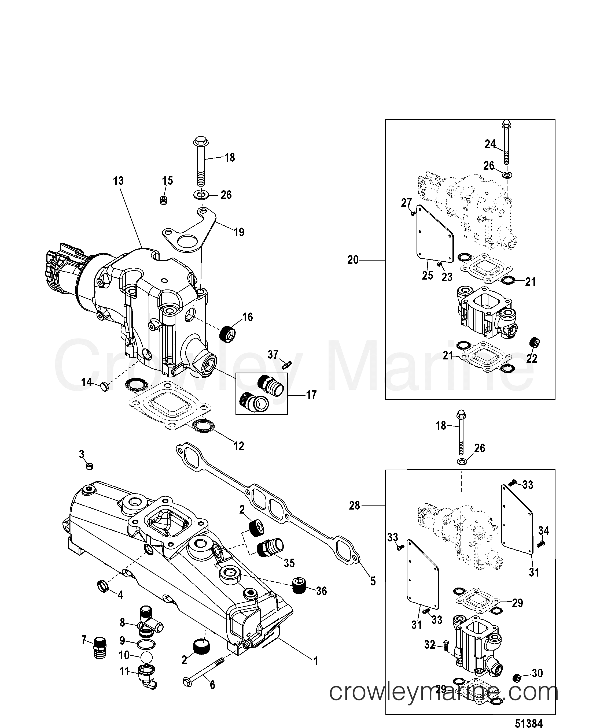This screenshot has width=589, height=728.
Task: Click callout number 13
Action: pyautogui.click(x=118, y=181)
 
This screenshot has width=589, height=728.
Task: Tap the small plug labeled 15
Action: pyautogui.click(x=164, y=200)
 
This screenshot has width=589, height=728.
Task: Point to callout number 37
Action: pyautogui.click(x=273, y=355)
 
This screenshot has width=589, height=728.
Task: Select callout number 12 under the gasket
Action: pyautogui.click(x=239, y=446)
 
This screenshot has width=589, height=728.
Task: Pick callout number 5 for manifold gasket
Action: pyautogui.click(x=373, y=581)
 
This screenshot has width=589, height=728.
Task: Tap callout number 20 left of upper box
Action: pyautogui.click(x=353, y=260)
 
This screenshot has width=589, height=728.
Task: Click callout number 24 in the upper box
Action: pyautogui.click(x=490, y=144)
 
